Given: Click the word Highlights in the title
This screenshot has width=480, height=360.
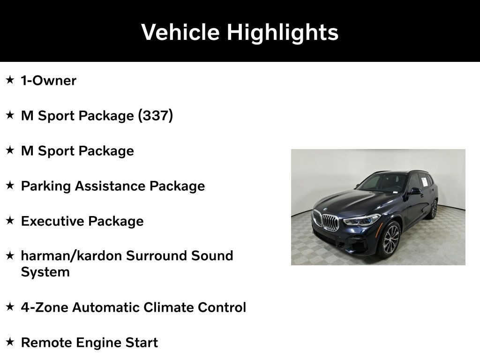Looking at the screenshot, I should tap(282, 32).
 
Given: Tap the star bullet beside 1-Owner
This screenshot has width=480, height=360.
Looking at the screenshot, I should tap(10, 80).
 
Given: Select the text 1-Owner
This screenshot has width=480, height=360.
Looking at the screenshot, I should tap(48, 81).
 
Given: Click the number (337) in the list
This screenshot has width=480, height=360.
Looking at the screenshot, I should tap(155, 115).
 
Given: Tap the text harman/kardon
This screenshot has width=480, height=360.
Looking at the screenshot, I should tap(71, 256).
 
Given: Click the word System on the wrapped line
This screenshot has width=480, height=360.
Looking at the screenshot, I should tap(45, 272).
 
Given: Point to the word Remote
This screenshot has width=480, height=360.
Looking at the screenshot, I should tap(45, 343).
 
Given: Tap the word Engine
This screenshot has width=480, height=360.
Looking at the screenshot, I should tap(98, 343).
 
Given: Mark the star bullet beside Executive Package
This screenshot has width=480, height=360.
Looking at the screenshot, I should tap(10, 220).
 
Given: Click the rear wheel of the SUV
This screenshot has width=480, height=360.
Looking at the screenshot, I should tap(433, 210).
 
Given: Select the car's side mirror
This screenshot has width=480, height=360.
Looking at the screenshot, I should tap(414, 191).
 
